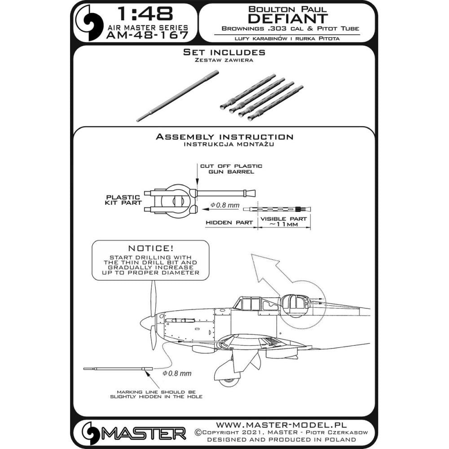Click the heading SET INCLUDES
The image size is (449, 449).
(x=224, y=52)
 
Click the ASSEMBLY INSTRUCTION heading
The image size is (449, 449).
(x=224, y=137)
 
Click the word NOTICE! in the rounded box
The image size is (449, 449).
(x=150, y=248)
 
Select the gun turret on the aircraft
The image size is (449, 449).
(x=295, y=305)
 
